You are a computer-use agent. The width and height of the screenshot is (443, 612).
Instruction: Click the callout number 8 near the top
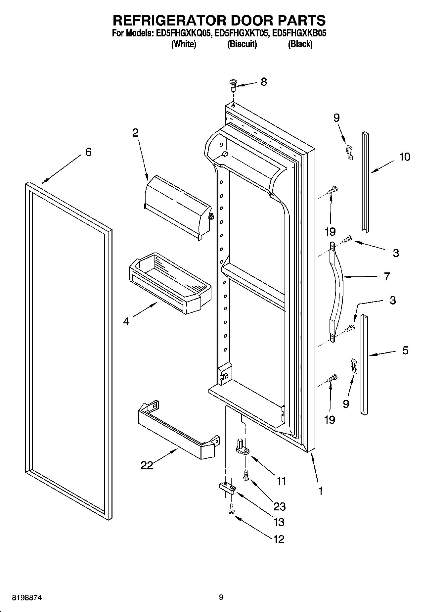coord(264,81)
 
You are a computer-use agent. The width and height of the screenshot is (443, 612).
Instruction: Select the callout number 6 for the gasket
coord(88,152)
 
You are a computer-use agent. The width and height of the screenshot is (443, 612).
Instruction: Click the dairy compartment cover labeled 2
coord(177,206)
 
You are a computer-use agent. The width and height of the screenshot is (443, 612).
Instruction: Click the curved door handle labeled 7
coord(337,291)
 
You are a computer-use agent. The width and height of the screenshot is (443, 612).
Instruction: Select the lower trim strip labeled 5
coord(364,364)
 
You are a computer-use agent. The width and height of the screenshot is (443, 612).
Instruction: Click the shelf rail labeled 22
coord(177,430)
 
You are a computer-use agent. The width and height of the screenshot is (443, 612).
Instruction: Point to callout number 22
coord(147,465)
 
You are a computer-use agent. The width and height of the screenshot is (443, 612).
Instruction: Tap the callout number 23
coord(280,506)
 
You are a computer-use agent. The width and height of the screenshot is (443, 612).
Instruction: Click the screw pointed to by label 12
coord(231,509)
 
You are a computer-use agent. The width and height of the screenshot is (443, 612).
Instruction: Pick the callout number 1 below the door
coord(320,491)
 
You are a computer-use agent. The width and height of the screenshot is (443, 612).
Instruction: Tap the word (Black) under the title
coord(300,44)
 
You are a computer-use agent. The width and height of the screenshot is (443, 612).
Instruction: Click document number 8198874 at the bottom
coord(27,598)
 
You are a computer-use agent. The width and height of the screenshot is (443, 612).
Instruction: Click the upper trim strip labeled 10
coord(365,182)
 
